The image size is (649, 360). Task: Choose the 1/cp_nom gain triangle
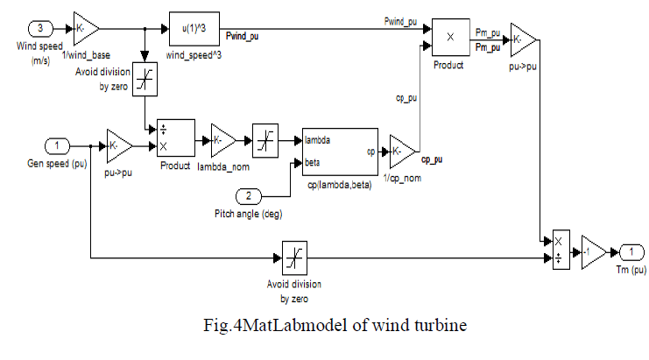[x=402, y=150]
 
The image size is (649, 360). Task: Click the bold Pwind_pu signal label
[x=243, y=36]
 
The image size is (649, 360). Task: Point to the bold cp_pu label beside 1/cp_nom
[x=432, y=160]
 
